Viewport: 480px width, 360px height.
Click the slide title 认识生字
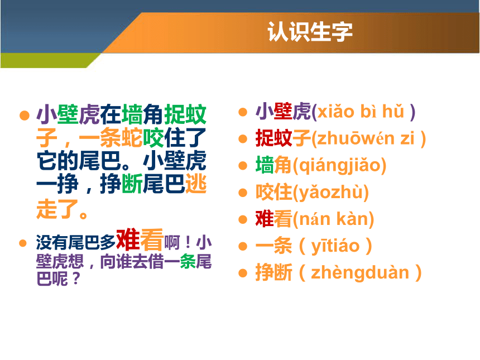point(310,31)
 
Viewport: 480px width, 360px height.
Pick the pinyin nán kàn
point(333,219)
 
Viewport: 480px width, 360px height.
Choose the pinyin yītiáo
point(335,246)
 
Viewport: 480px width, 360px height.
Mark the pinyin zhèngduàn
point(360,273)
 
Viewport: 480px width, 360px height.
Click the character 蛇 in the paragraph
point(132,138)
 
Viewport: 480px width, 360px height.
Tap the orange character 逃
point(196,184)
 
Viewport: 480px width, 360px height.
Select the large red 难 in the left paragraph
point(128,239)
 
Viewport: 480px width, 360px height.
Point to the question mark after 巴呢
point(76,279)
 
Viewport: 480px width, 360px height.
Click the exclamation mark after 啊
point(188,243)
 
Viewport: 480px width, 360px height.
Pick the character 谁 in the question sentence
point(124,262)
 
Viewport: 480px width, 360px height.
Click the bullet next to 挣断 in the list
point(243,273)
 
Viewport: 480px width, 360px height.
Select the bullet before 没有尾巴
point(23,243)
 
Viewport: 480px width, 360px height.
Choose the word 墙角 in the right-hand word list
point(273,165)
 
